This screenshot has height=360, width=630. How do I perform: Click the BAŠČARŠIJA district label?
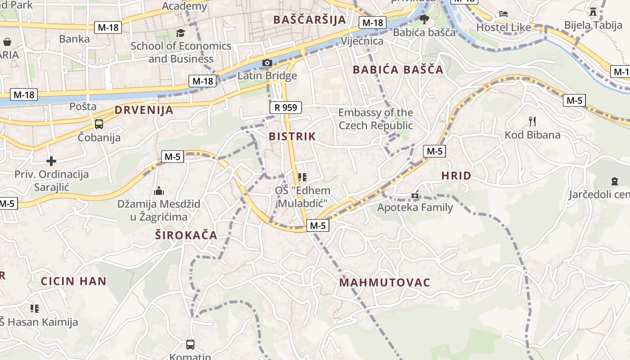pos(310,20)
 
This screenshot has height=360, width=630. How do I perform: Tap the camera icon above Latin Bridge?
pos(267,63)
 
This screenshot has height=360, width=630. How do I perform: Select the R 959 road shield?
pos(286,108)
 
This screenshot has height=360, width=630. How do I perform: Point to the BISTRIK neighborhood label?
pos(292,136)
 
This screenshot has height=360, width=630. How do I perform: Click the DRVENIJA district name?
pos(144,110)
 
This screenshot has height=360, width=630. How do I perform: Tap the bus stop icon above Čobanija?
pos(99,124)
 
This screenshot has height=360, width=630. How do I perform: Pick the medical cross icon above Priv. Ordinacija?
pos(51,161)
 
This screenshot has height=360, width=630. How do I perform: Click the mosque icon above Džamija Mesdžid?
pos(158,191)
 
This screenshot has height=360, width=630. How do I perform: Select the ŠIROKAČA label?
pos(186,235)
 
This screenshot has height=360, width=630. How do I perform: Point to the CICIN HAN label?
pos(74,282)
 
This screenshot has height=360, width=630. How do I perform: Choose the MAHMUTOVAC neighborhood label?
pos(385,283)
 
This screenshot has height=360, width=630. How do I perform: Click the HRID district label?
pos(456,176)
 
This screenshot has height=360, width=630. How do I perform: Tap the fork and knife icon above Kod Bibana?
pos(532,121)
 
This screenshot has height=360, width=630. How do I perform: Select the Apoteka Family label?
pos(415,207)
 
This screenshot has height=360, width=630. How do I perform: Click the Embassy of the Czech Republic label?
pos(376,119)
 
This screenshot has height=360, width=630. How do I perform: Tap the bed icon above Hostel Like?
pos(504,14)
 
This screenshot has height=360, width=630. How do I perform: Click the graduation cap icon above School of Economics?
pos(180,33)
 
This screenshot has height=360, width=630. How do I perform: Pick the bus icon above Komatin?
pos(190,345)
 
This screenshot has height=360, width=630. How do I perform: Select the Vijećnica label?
pos(362,41)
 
